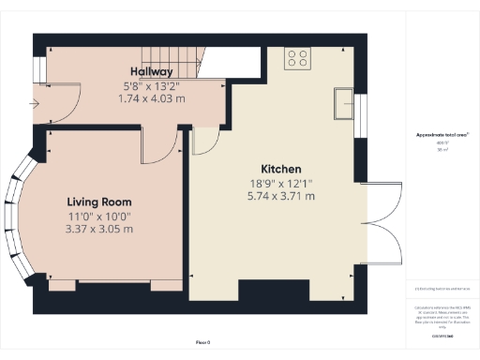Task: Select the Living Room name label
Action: click(x=98, y=202)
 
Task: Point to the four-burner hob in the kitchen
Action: click(x=298, y=58)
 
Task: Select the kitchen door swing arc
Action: click(x=203, y=142)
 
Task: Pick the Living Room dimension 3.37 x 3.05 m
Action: click(x=98, y=230)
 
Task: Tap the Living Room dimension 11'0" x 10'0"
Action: click(x=98, y=217)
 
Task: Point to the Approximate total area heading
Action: click(x=442, y=135)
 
